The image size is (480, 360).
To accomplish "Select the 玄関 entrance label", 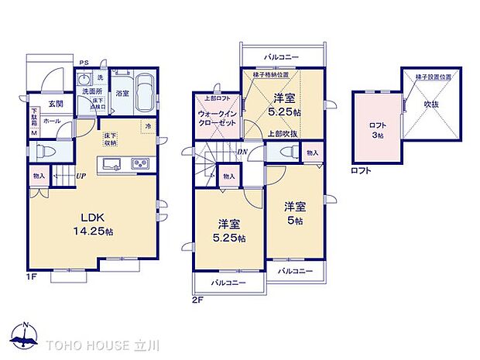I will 54,103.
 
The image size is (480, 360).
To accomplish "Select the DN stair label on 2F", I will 242,152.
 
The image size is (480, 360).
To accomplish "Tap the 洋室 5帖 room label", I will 294,212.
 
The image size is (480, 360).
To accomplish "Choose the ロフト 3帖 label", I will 378,130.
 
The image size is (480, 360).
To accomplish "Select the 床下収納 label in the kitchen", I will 111,139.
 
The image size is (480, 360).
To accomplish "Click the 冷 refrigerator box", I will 146,127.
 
